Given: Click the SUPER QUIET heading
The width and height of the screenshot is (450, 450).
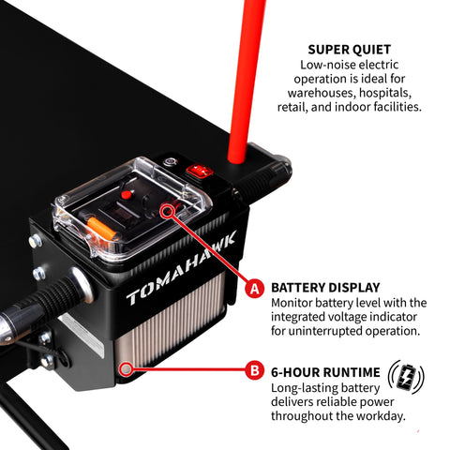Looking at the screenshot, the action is pyautogui.click(x=349, y=50).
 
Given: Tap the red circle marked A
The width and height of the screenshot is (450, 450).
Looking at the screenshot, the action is pyautogui.click(x=255, y=289).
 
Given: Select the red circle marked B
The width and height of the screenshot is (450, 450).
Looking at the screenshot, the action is pyautogui.click(x=255, y=370).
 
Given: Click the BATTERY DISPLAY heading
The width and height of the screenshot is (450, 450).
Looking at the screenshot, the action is pyautogui.click(x=325, y=288).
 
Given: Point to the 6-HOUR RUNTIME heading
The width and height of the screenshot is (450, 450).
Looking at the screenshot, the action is pyautogui.click(x=325, y=372).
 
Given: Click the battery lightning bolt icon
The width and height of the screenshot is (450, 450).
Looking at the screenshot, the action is pyautogui.click(x=406, y=377).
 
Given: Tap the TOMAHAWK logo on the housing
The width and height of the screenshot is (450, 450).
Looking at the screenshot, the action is pyautogui.click(x=181, y=269).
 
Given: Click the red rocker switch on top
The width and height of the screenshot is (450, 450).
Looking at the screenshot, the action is pyautogui.click(x=200, y=171).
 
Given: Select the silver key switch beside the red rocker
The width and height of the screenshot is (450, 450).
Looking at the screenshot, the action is pyautogui.click(x=171, y=162).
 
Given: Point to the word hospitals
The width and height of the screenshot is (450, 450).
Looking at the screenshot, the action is pyautogui.click(x=385, y=93).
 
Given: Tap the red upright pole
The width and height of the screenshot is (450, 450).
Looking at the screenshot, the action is pyautogui.click(x=247, y=82).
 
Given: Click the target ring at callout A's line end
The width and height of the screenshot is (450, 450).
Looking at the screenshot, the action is pyautogui.click(x=168, y=212).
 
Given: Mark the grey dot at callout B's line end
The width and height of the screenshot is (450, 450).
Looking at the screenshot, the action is pyautogui.click(x=126, y=369).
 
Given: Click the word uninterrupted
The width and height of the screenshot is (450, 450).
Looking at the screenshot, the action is pyautogui.click(x=324, y=331).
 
